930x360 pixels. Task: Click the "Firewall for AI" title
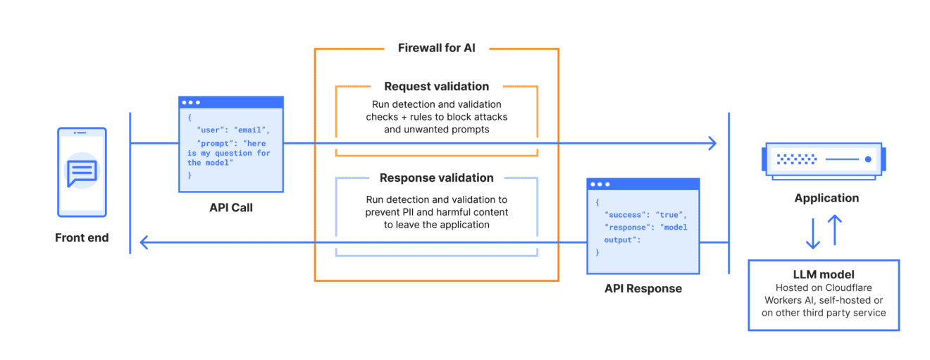tap(436, 49)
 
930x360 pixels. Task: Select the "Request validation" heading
tap(436, 87)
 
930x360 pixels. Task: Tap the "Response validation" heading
tap(436, 178)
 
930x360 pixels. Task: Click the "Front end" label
tap(82, 238)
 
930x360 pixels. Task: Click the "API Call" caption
tap(230, 208)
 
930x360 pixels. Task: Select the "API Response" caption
tap(643, 288)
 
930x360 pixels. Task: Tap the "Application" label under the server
tap(826, 198)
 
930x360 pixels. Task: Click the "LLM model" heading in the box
tap(824, 274)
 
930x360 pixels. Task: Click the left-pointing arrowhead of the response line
tap(144, 243)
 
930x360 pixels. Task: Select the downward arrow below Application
tap(813, 232)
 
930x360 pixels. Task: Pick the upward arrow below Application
tap(835, 230)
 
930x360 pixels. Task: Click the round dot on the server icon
tap(868, 159)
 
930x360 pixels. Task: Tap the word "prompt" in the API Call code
tap(214, 143)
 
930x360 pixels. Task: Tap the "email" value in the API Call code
tap(251, 130)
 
